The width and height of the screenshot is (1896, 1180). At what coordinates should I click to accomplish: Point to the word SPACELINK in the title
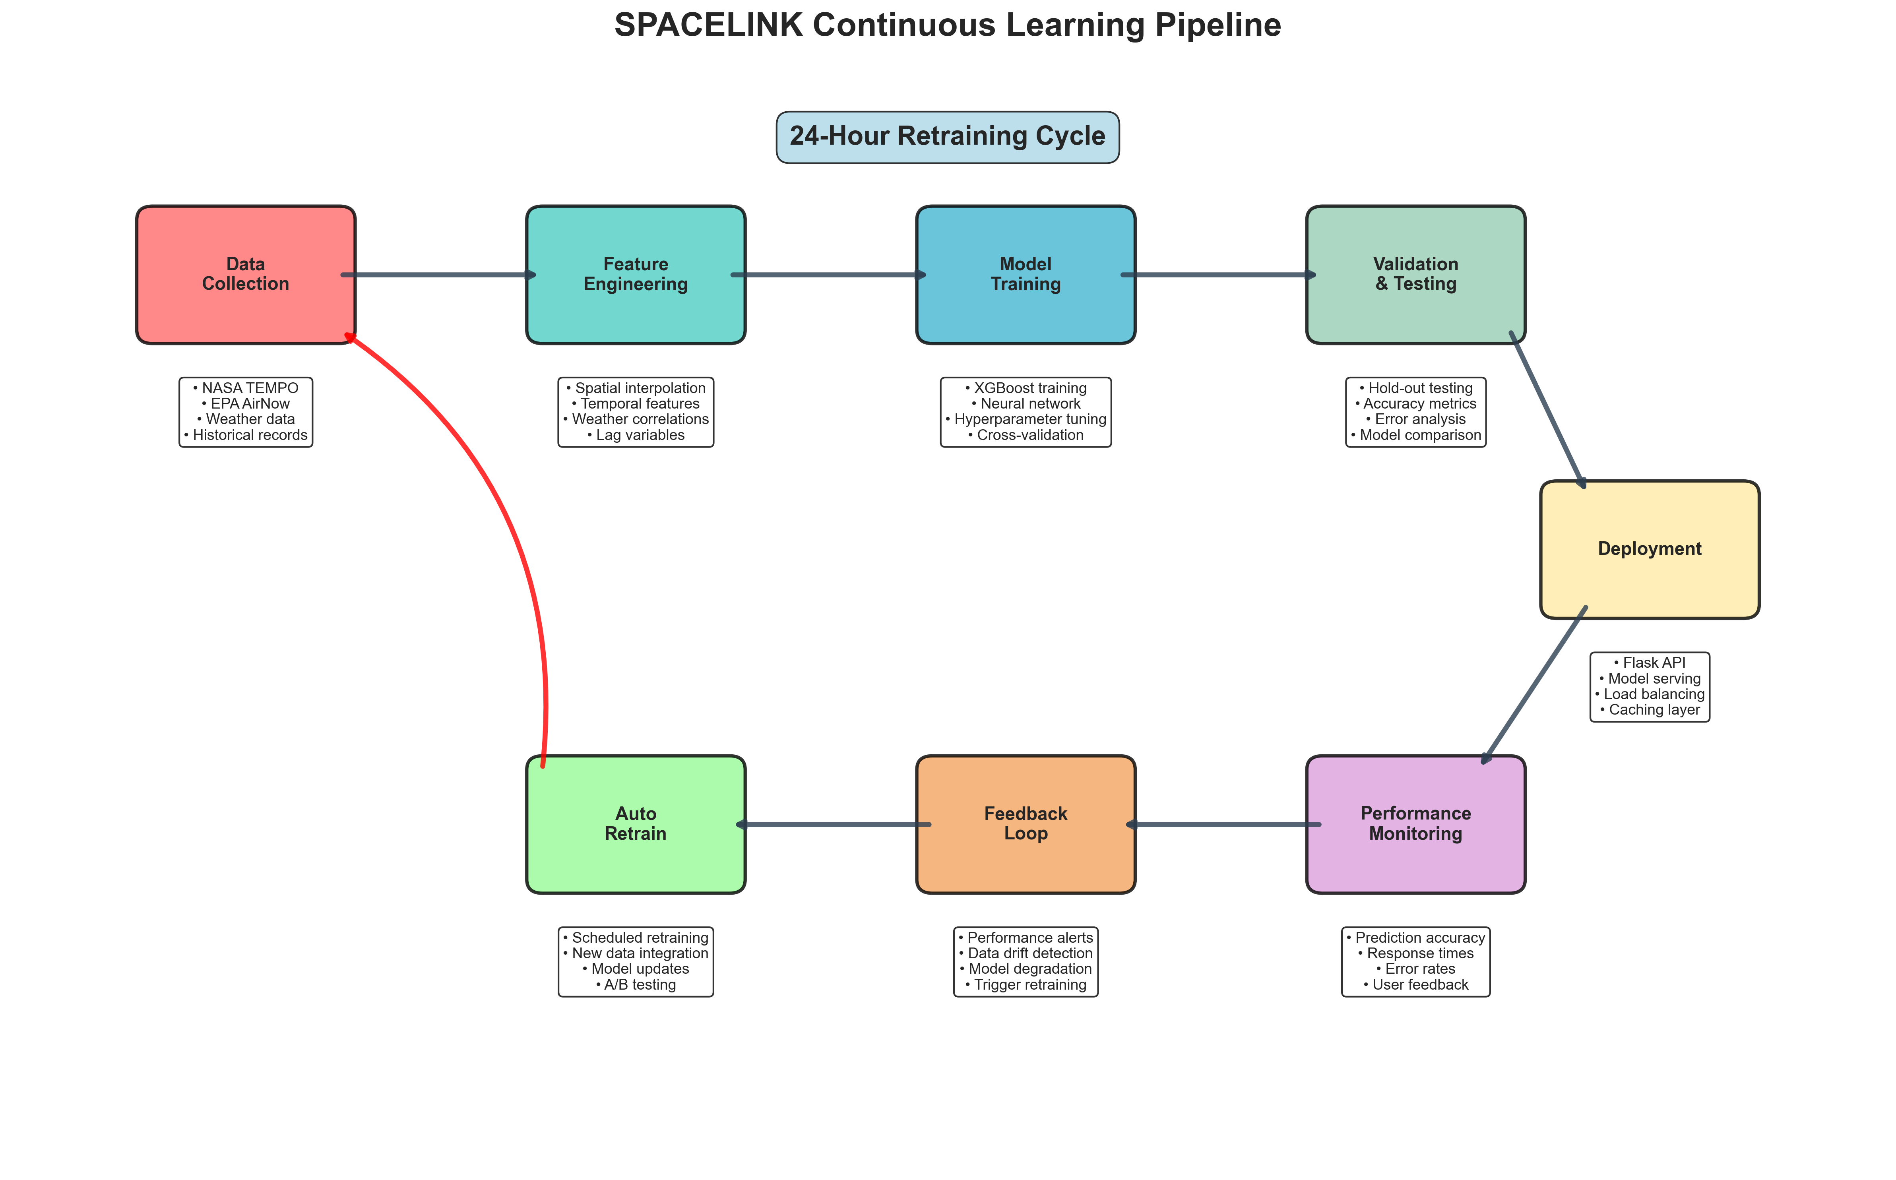pyautogui.click(x=708, y=25)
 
